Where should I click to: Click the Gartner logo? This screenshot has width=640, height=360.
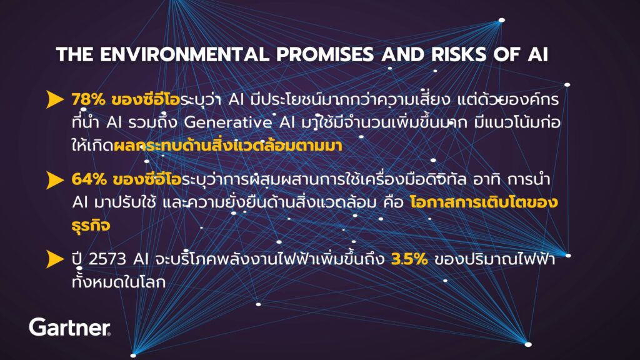(70, 327)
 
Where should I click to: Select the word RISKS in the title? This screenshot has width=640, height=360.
(459, 54)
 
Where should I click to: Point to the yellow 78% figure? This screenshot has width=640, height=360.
(87, 99)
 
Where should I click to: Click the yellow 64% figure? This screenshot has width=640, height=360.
(89, 179)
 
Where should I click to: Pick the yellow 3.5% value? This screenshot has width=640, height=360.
(409, 259)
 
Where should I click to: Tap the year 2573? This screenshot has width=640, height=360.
(107, 259)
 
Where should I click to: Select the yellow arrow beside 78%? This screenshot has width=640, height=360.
(55, 99)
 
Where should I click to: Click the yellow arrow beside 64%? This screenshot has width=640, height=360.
(55, 180)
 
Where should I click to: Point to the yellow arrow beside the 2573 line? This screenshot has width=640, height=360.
(55, 259)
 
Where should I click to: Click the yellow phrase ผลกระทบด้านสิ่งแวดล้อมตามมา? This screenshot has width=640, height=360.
(227, 145)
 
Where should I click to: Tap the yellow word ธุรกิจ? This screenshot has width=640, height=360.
(91, 225)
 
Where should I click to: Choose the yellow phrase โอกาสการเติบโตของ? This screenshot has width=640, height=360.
(484, 202)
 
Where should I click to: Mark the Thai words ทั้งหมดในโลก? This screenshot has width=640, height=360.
(118, 282)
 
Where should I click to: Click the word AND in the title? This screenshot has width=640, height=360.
(402, 54)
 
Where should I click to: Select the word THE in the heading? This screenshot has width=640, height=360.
(75, 54)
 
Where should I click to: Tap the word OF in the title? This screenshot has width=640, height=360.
(507, 54)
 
